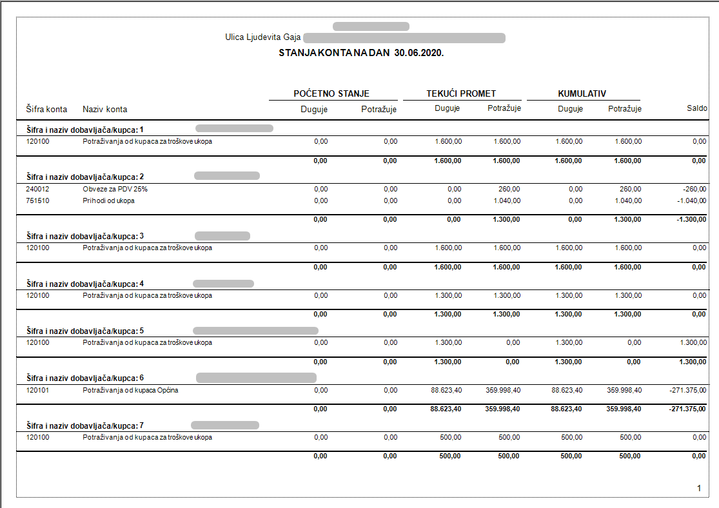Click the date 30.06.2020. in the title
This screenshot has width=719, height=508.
(419, 53)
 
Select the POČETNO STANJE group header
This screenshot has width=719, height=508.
(331, 93)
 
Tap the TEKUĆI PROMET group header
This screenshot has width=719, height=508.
(461, 93)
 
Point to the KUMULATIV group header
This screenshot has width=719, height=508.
(582, 93)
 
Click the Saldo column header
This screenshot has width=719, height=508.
(696, 109)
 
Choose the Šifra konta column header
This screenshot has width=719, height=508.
(46, 109)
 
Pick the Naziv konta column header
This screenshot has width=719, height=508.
(105, 109)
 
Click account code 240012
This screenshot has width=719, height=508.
(37, 189)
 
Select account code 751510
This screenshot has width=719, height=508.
(37, 200)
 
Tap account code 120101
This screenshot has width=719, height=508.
(37, 390)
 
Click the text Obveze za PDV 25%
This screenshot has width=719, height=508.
(111, 189)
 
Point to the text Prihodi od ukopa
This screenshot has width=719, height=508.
(108, 200)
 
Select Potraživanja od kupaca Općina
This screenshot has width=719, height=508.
(130, 390)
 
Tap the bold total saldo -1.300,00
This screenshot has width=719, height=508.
(691, 219)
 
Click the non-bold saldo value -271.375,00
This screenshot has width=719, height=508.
(688, 390)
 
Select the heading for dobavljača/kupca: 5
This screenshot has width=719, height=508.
(85, 331)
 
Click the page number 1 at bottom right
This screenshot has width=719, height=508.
(699, 489)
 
